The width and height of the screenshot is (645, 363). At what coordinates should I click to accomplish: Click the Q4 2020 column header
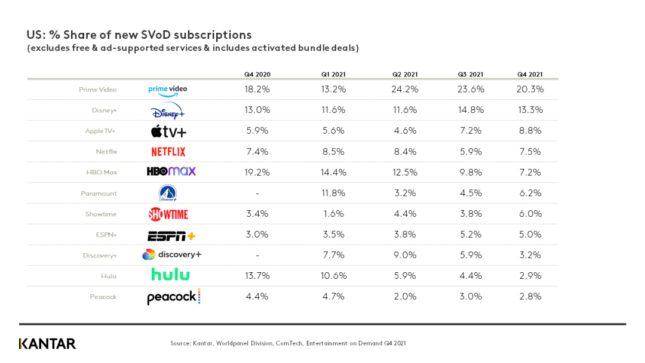coord(257,75)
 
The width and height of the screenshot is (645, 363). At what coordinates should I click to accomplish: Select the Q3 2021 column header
coord(470,75)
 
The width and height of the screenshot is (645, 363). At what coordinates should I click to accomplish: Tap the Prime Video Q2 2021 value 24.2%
coord(405,90)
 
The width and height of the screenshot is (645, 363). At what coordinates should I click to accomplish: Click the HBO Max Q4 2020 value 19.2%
coord(257,173)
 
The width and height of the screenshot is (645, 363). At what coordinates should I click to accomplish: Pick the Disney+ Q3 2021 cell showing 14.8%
coord(470,110)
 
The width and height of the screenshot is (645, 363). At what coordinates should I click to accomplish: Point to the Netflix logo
coord(168,152)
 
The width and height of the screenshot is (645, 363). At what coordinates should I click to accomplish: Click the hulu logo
coord(170,275)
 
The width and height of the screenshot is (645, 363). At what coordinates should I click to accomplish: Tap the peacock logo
coord(173,297)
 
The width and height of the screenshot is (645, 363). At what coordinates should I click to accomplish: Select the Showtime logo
coord(168,214)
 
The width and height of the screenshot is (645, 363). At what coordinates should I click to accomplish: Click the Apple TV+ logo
coord(168,131)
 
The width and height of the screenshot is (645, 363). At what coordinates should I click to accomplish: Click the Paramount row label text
coord(99,193)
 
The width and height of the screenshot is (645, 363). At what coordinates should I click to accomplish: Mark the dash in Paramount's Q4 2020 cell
coord(257,193)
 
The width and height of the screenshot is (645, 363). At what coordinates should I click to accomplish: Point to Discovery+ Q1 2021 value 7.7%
coord(333,255)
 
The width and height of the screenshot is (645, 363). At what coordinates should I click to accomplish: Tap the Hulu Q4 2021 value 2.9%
coord(530,276)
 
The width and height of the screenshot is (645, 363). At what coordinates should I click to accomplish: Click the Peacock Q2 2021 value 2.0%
coord(405,297)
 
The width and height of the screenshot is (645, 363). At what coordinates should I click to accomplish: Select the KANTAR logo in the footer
coord(47,344)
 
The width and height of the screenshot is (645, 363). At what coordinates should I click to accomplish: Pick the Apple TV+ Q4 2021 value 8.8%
coord(530,131)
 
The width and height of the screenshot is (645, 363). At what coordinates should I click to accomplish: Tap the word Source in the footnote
coord(180,343)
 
